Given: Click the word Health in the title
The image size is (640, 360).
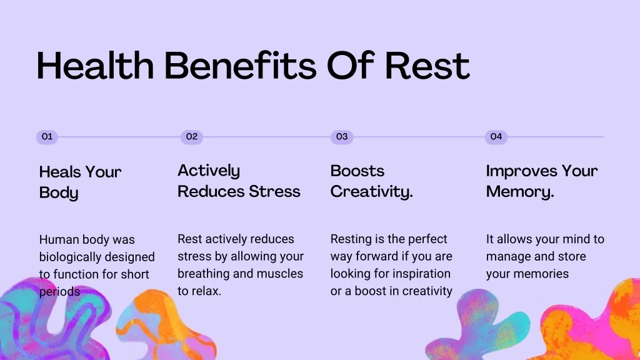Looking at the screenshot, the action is point(95,65).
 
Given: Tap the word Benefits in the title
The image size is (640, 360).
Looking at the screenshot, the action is point(241,65).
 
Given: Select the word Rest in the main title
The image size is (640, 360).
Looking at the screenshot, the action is point(427,65).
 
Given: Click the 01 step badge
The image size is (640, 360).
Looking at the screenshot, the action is point(47,137).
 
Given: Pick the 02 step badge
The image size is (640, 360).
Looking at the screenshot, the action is point(192,137).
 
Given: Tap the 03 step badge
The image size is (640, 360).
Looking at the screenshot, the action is point(342,137).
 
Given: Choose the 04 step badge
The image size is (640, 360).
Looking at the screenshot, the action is point(496,137).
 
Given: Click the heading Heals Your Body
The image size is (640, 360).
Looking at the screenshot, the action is point(81,182).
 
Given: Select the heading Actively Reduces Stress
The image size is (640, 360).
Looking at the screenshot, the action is point(239,181).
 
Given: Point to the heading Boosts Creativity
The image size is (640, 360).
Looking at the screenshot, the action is point(371,181).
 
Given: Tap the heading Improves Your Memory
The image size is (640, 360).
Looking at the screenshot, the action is point(542,181).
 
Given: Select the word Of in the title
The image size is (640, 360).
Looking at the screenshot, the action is point(351,65).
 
